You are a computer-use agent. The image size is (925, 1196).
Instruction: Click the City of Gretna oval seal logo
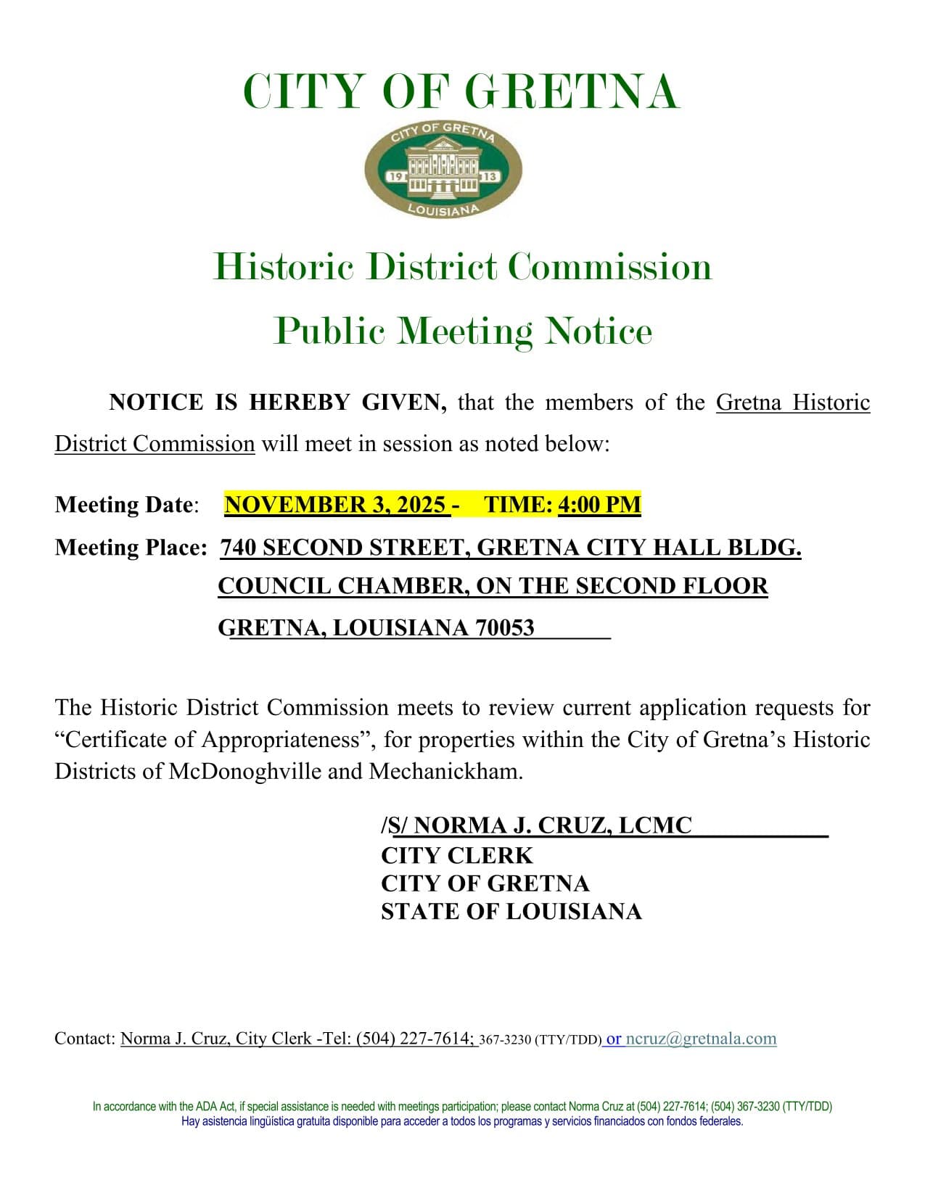(x=443, y=170)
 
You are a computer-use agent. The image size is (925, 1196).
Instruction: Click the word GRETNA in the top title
(x=571, y=92)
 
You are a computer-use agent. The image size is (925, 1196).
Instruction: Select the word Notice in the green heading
(x=599, y=331)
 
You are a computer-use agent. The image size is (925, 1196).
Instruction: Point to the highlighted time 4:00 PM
(x=599, y=504)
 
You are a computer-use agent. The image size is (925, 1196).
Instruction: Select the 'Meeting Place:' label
(x=131, y=547)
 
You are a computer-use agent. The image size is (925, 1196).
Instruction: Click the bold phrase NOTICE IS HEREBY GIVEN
(x=277, y=402)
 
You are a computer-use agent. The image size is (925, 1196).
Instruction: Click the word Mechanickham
(x=445, y=770)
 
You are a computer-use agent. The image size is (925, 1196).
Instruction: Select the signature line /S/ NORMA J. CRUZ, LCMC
(x=537, y=825)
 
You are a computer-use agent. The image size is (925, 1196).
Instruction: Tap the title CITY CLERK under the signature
(x=456, y=855)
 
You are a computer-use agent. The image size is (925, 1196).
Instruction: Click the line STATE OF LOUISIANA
(x=511, y=911)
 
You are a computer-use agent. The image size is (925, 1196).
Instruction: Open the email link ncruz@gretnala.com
(x=701, y=1039)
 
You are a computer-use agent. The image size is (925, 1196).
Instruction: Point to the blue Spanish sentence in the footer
(x=462, y=1121)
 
